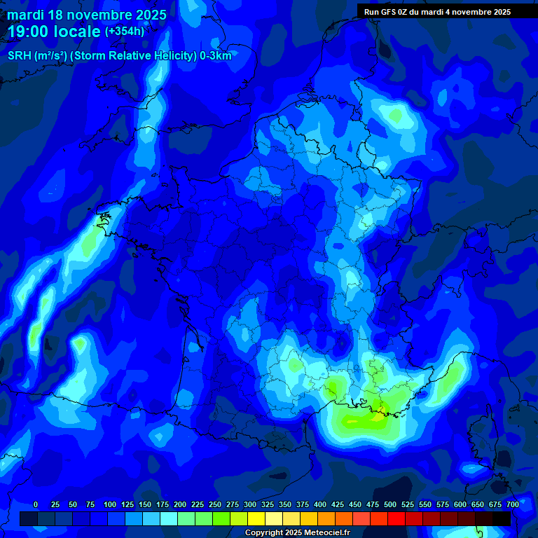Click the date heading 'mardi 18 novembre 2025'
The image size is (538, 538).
coord(87,15)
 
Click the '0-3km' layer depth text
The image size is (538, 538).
coord(215,56)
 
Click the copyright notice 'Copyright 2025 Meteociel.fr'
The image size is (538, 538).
coord(297,533)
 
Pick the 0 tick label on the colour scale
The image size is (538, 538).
coord(36,504)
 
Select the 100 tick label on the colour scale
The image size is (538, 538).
coord(110,504)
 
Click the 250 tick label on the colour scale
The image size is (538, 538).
coord(215,504)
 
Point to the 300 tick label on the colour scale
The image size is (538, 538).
coord(250,504)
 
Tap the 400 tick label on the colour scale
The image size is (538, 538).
coord(320,504)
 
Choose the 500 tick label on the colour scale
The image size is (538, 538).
coord(390,504)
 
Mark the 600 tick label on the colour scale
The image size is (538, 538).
coord(460,504)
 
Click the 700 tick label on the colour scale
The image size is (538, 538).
coord(512,504)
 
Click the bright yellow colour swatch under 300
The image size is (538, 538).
coord(256,518)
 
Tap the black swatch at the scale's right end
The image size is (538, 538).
coord(502,518)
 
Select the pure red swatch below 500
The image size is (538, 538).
coord(396,518)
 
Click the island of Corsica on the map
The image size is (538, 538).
coord(483,441)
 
